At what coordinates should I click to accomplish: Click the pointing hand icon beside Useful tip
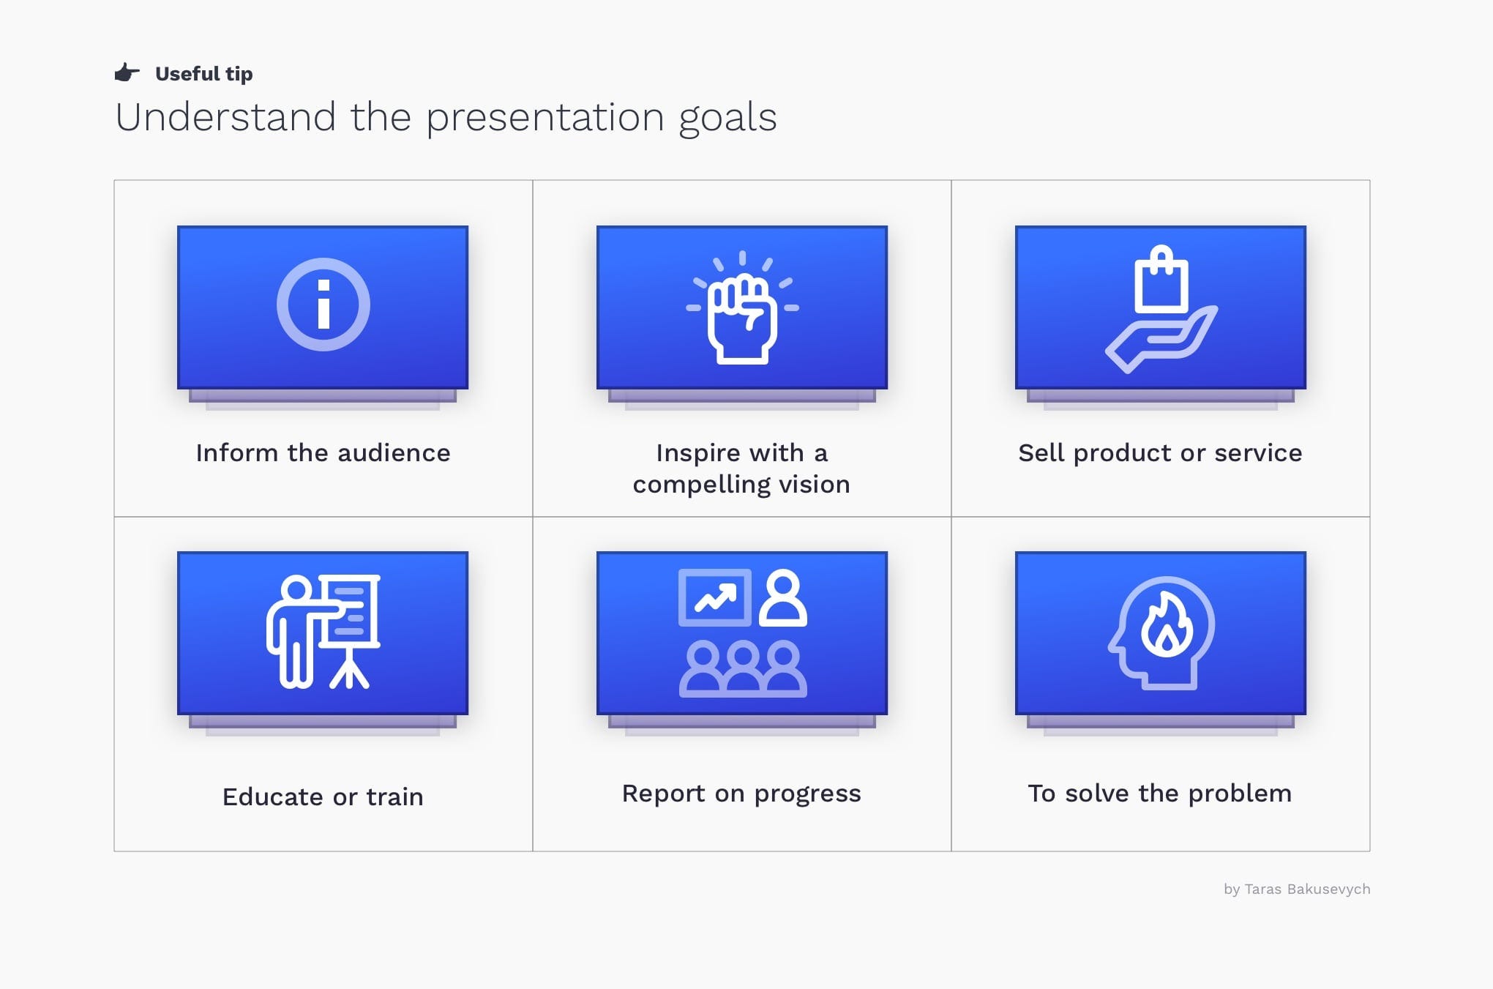point(127,72)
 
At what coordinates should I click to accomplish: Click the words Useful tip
point(203,74)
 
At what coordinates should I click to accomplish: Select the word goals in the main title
point(727,119)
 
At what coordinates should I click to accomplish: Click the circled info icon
point(323,305)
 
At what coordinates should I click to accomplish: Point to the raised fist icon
point(742,319)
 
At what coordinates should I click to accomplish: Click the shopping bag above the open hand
point(1161,281)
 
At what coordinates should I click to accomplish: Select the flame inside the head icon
point(1167,627)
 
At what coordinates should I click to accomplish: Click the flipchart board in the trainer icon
point(353,611)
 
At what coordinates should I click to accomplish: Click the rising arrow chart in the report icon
point(715,598)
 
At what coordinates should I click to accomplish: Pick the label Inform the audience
point(323,453)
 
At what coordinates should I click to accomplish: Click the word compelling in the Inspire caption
point(700,485)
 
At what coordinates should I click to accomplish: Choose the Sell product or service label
point(1160,453)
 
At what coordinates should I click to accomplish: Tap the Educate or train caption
point(323,796)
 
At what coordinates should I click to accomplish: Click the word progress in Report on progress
point(807,794)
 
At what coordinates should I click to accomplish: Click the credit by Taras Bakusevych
point(1296,889)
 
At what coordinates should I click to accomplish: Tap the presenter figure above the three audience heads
point(783,598)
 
